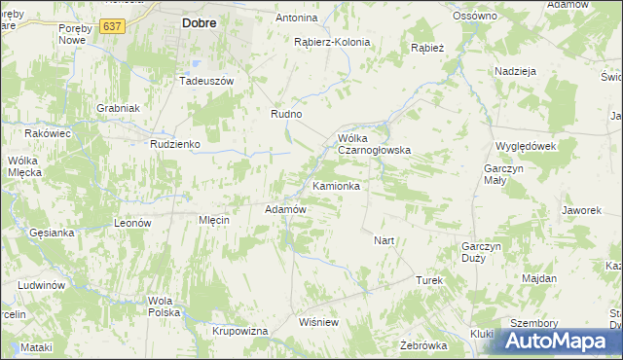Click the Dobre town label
(x=199, y=21)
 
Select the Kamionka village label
(x=337, y=186)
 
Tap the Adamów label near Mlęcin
(x=286, y=209)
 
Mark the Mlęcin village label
(x=213, y=221)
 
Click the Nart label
(x=384, y=239)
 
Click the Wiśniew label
(x=318, y=322)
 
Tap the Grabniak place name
(x=119, y=108)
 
